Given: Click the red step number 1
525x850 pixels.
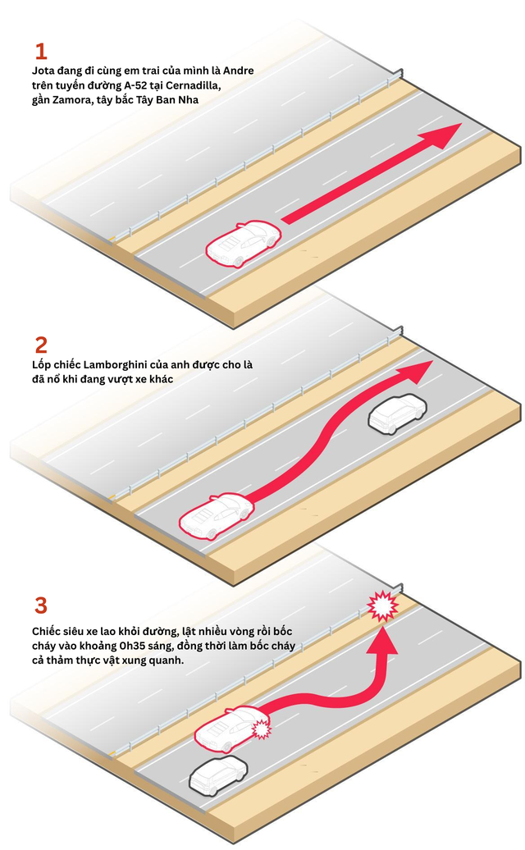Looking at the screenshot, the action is click(x=41, y=52).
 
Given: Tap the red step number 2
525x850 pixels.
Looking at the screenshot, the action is click(x=41, y=345).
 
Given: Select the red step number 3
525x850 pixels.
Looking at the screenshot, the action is click(x=41, y=606).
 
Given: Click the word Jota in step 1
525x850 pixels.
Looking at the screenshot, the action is click(x=43, y=71).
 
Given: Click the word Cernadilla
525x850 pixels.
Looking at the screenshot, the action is click(x=194, y=85).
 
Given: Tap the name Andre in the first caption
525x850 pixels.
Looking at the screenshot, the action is click(x=239, y=71).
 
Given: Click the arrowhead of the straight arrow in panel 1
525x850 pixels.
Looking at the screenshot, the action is click(x=441, y=135).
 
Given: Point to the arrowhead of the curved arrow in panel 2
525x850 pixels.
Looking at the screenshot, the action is click(x=415, y=372).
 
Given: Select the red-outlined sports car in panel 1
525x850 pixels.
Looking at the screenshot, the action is click(x=244, y=244).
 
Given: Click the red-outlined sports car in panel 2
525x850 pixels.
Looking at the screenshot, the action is click(x=217, y=515).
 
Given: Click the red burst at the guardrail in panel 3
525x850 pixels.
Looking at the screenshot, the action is click(x=382, y=606).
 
